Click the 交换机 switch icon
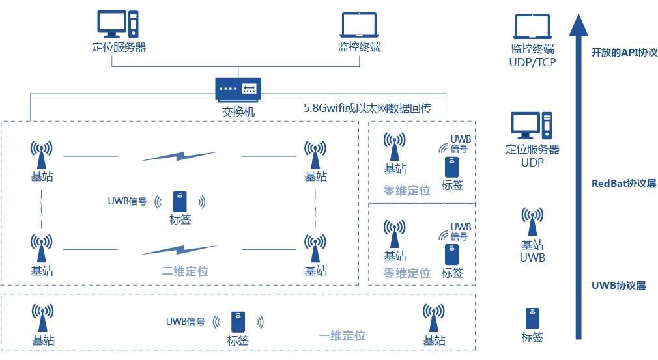238,90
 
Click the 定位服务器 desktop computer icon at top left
118,24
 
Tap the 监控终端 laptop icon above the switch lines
359,25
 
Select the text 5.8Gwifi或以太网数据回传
367,108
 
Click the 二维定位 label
185,271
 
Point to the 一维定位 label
342,336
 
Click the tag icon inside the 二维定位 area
180,202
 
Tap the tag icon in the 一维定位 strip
238,322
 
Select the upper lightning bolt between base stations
180,156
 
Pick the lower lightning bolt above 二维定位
180,250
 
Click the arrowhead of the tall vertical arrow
579,25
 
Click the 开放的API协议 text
624,52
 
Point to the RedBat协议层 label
623,184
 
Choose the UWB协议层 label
618,286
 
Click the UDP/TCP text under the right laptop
532,62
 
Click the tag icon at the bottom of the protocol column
532,318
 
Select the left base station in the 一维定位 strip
43,318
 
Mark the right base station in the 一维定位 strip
433,318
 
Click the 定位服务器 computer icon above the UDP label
531,126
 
